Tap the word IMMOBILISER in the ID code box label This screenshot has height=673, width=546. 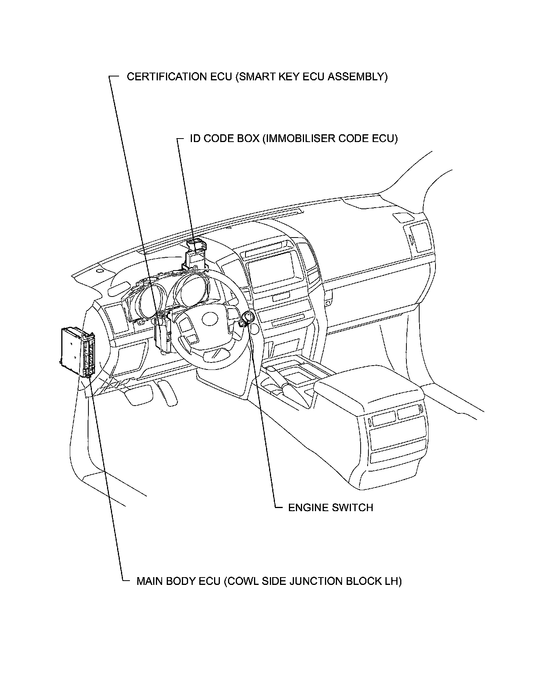pos(294,139)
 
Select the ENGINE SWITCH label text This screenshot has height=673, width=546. pos(330,508)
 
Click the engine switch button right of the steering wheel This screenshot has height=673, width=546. pos(247,319)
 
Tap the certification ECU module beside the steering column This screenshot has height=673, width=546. pos(162,334)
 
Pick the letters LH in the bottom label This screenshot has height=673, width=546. pos(394,581)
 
